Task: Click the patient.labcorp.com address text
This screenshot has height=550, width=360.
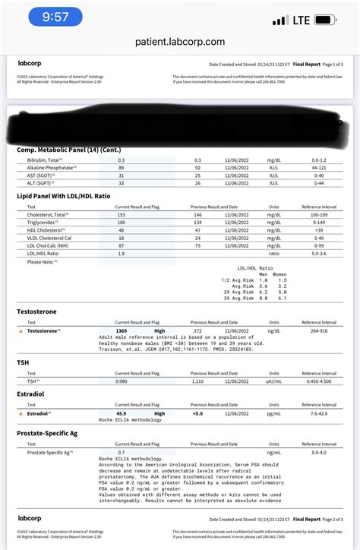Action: coord(180,43)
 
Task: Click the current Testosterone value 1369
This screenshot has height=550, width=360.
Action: coord(122,331)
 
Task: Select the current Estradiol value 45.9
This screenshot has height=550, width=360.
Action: coord(122,413)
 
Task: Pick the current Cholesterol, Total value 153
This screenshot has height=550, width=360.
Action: coord(122,215)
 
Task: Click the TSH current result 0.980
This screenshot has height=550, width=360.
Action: coord(122,381)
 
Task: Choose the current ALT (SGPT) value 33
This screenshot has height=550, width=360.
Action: coord(122,183)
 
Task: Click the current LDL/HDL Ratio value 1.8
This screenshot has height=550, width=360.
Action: coord(122,254)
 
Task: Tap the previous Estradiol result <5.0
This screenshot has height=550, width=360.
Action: coord(197,413)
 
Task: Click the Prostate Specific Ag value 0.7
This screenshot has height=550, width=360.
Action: coord(122,453)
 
